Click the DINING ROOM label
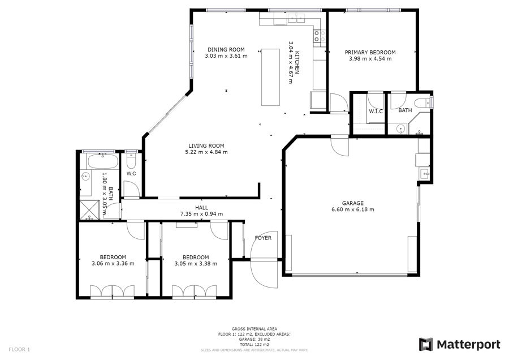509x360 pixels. click(226, 50)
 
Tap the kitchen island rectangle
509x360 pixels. click(270, 78)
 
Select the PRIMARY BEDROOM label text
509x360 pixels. click(370, 52)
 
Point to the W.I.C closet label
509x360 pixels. click(376, 112)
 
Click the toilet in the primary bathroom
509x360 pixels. click(424, 102)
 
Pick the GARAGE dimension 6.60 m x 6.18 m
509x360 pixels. click(352, 209)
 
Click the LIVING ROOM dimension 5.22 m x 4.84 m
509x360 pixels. click(206, 152)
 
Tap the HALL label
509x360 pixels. click(201, 208)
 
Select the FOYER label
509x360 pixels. click(263, 238)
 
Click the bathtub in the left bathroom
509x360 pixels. click(103, 161)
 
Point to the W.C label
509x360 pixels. click(131, 174)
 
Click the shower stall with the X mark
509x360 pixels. click(89, 210)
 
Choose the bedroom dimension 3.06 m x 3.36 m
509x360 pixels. click(113, 264)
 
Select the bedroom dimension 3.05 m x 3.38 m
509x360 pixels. click(196, 264)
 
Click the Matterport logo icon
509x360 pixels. click(425, 344)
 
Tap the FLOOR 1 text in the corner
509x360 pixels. click(19, 350)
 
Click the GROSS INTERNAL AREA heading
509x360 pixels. click(254, 329)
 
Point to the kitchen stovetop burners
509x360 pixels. click(319, 36)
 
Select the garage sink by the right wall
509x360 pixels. click(425, 174)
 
